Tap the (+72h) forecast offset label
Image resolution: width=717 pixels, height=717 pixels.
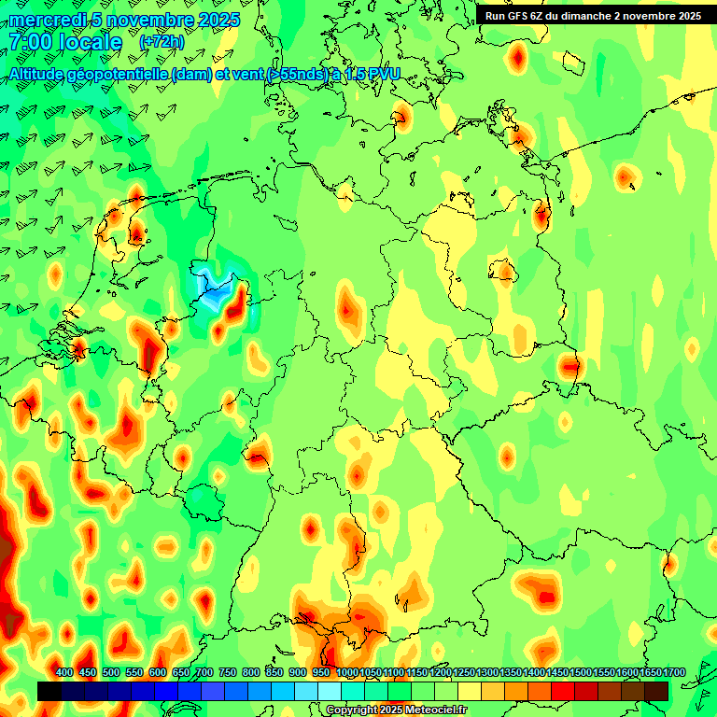click(x=161, y=42)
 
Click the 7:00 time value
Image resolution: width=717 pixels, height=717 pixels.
click(x=33, y=42)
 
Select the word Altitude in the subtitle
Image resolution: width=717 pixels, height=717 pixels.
click(x=42, y=73)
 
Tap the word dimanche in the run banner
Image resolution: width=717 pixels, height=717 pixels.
click(x=587, y=16)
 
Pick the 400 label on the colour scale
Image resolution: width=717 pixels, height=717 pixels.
click(x=64, y=672)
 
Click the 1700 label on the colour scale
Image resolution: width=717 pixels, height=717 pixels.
click(x=673, y=672)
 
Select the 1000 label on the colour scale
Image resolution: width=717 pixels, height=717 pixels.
click(x=346, y=672)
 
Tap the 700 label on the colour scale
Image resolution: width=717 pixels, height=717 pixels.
click(x=204, y=672)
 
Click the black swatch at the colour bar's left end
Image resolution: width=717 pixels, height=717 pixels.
click(x=49, y=691)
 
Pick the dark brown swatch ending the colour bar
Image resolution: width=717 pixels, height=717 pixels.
click(x=656, y=691)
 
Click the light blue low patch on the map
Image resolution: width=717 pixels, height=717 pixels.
click(x=214, y=289)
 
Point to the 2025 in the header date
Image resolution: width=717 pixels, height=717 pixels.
click(x=218, y=20)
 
